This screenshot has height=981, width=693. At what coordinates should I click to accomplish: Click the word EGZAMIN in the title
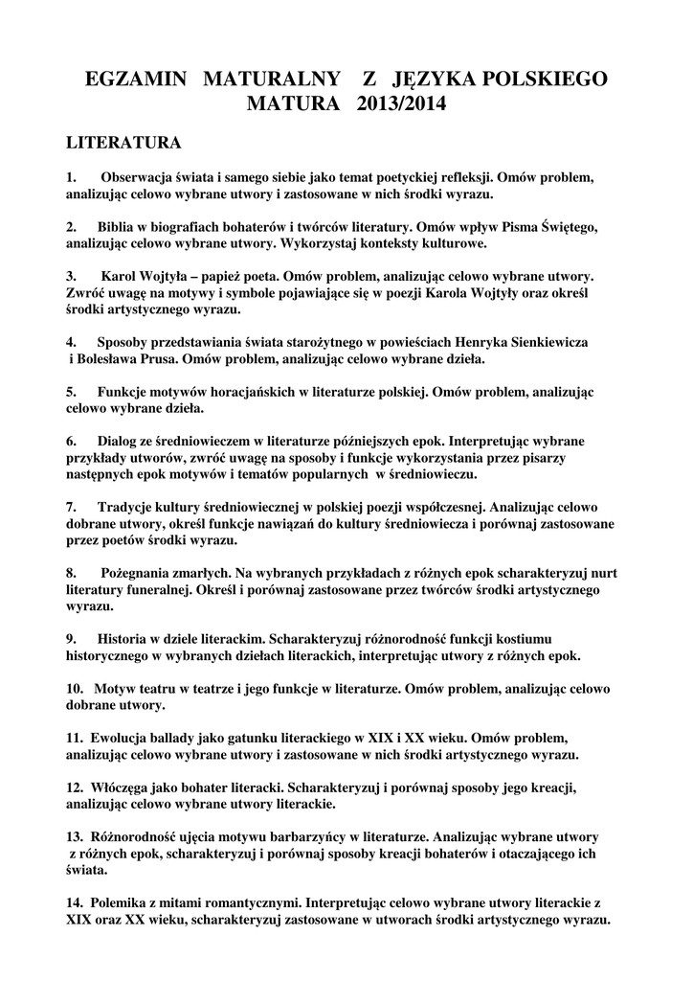[137, 78]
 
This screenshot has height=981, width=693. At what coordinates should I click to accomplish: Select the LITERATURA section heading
[123, 144]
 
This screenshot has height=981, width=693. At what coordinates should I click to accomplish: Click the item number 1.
[71, 177]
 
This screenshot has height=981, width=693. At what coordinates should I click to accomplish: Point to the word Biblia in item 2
[118, 227]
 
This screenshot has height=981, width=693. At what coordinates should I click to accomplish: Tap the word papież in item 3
[246, 276]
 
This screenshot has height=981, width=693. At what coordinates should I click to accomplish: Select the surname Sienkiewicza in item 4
[546, 342]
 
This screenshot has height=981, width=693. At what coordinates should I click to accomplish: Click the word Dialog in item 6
[120, 441]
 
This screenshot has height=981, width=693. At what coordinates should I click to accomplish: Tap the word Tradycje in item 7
[127, 507]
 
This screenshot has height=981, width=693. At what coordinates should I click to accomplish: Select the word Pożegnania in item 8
[137, 573]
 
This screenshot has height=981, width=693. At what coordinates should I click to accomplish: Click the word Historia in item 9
[124, 639]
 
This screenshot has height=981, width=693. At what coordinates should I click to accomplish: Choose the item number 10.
[75, 689]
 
